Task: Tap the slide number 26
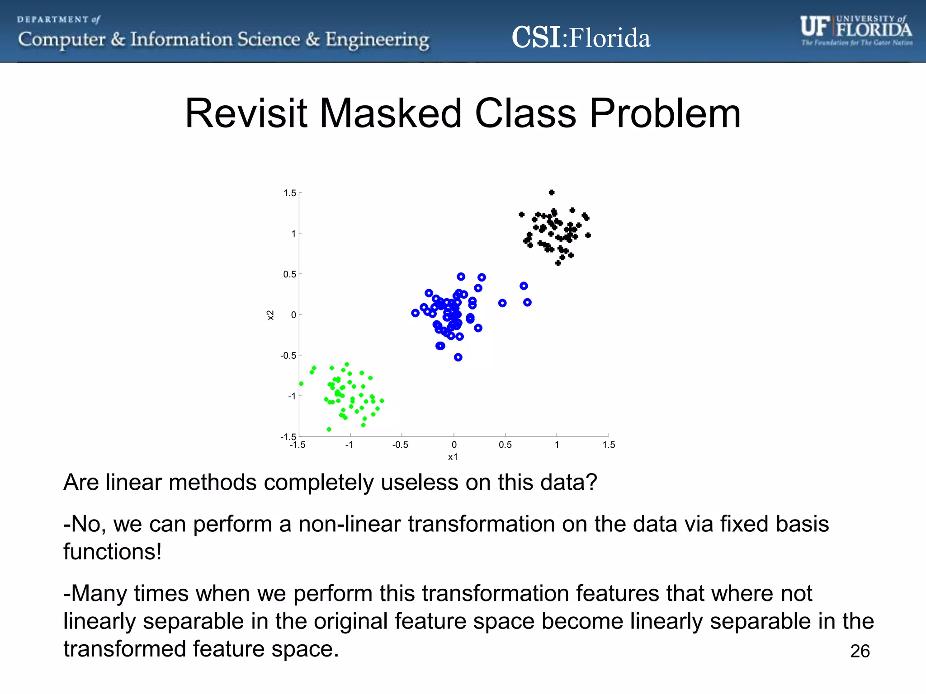coord(860,651)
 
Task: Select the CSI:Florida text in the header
coord(581,38)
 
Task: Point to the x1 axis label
coord(453,457)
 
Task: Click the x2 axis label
coord(270,315)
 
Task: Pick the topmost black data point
coord(551,192)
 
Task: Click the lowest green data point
coord(329,429)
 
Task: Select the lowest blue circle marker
coord(458,357)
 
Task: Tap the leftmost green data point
coord(301,384)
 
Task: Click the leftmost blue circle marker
coord(415,313)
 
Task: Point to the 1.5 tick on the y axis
coord(289,193)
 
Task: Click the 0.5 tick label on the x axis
coord(505,445)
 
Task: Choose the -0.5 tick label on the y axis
coord(288,356)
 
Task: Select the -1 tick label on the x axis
coord(349,445)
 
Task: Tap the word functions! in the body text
coord(112,552)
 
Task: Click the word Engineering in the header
coord(377,40)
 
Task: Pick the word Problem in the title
coord(665,113)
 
